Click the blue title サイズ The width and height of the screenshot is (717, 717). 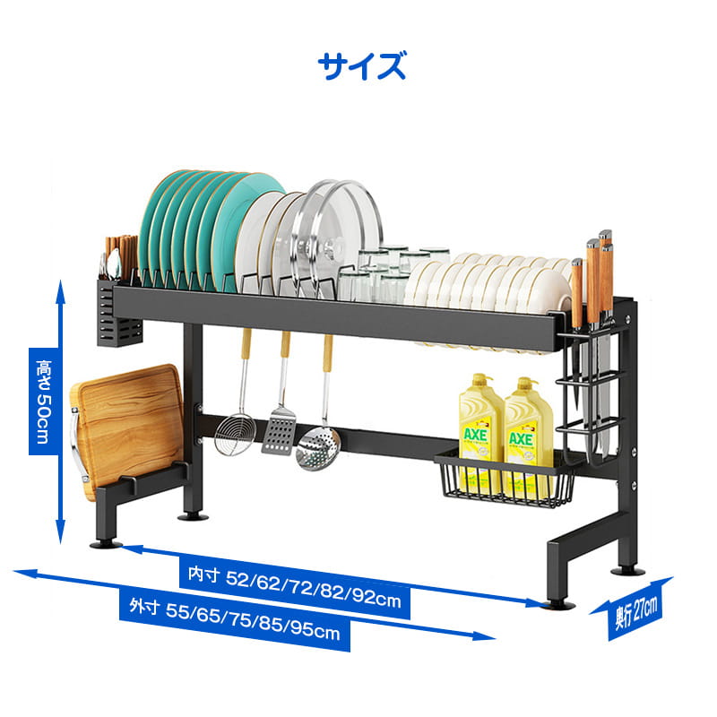click(361, 66)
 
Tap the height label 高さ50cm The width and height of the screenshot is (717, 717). click(44, 402)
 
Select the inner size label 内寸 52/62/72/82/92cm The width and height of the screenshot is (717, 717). click(295, 586)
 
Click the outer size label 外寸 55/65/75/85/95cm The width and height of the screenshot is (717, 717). click(235, 619)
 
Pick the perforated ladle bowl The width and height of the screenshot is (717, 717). click(318, 448)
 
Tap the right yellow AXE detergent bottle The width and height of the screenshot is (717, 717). click(529, 436)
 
